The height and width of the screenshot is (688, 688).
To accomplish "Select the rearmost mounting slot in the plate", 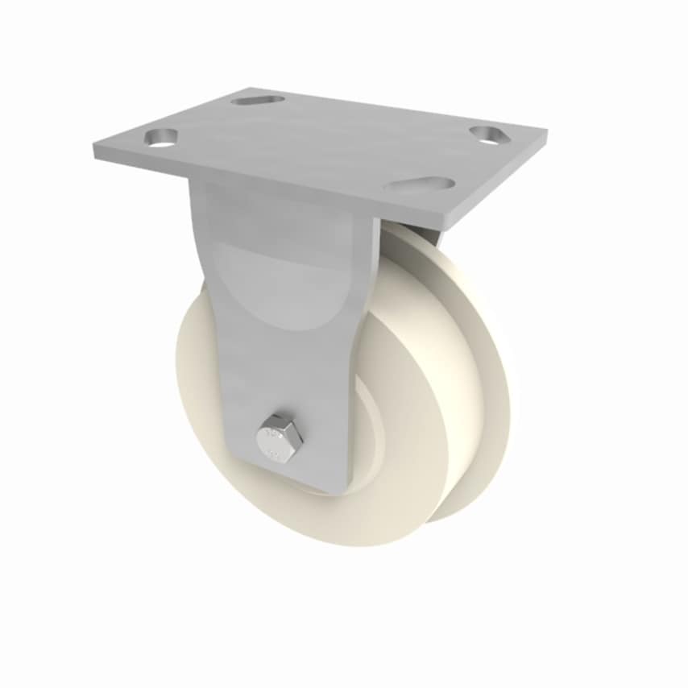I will click(257, 100).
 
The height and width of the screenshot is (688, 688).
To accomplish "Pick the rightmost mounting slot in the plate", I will click(486, 133).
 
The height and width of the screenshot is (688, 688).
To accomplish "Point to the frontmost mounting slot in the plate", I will click(418, 184).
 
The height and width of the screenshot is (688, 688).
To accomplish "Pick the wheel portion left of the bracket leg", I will click(197, 379).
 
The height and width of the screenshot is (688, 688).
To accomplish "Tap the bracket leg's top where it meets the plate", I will click(282, 193).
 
